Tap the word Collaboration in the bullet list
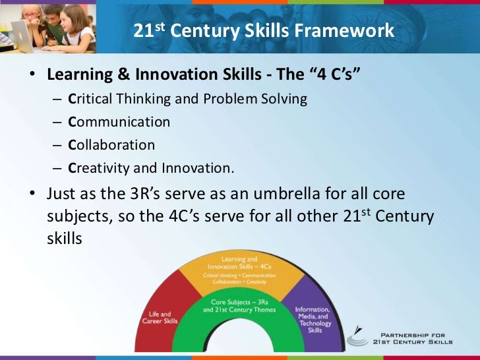(111, 145)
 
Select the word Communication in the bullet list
(119, 122)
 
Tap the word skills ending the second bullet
(64, 238)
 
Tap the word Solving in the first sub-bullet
(285, 100)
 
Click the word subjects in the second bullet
(77, 216)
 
